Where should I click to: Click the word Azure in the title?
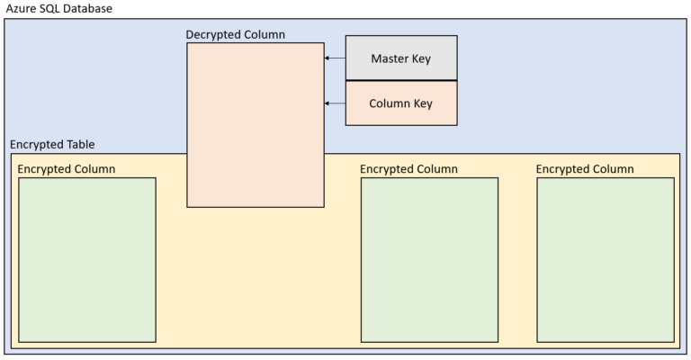[22, 8]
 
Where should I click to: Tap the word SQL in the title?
[54, 8]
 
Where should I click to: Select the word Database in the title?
[91, 8]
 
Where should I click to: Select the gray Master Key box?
[400, 58]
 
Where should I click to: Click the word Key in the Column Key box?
[422, 103]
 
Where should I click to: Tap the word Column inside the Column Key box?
[389, 103]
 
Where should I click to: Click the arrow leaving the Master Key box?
[335, 58]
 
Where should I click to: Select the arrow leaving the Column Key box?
[335, 103]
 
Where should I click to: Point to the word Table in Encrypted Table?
[80, 145]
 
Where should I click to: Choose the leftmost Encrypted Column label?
[67, 169]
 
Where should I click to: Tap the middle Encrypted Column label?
[408, 169]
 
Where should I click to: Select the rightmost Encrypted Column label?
[585, 169]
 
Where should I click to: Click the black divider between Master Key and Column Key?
[400, 81]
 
